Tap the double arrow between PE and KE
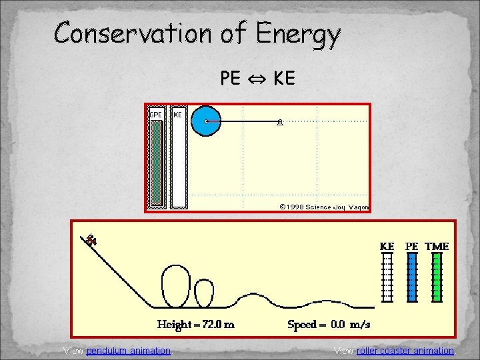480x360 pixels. coord(257,79)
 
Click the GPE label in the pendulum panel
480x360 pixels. coord(155,115)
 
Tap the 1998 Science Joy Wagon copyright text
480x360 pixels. coord(324,207)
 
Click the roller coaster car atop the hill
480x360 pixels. coord(91,239)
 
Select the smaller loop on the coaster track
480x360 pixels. coord(204,292)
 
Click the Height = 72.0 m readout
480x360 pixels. coord(195,325)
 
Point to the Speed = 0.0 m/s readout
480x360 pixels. coord(329,325)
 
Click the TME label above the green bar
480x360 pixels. coord(437,246)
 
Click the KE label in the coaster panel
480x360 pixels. coord(387,246)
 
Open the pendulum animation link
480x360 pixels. coord(128,351)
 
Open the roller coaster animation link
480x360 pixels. coord(405,351)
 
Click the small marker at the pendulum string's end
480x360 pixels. coord(280,121)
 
